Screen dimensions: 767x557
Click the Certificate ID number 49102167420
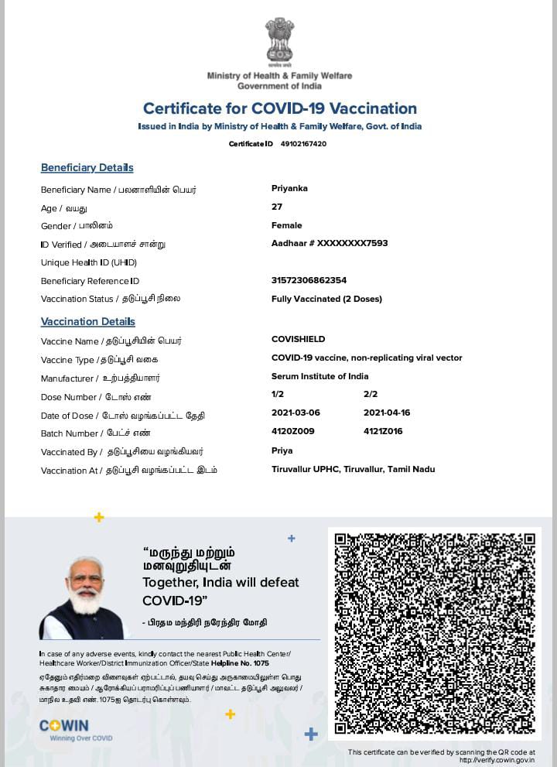[303, 144]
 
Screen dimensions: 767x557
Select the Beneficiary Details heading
[87, 168]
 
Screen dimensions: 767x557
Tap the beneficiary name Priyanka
[289, 188]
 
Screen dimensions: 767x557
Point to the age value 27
[277, 207]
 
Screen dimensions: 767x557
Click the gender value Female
[286, 225]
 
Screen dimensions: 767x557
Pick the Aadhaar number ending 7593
[330, 243]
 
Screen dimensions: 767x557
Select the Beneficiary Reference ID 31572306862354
[309, 280]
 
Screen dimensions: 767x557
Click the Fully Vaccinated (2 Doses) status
[326, 299]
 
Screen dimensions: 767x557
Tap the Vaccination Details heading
[87, 321]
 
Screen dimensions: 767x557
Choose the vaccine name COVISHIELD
[298, 339]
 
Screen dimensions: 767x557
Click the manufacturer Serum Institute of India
[320, 376]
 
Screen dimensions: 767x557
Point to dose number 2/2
[371, 394]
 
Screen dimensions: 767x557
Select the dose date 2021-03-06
[296, 413]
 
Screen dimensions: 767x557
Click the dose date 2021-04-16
[387, 413]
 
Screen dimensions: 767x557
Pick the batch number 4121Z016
[383, 431]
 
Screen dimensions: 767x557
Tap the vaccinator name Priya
[282, 450]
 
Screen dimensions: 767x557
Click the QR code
[435, 633]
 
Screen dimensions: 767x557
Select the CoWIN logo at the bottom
[65, 727]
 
